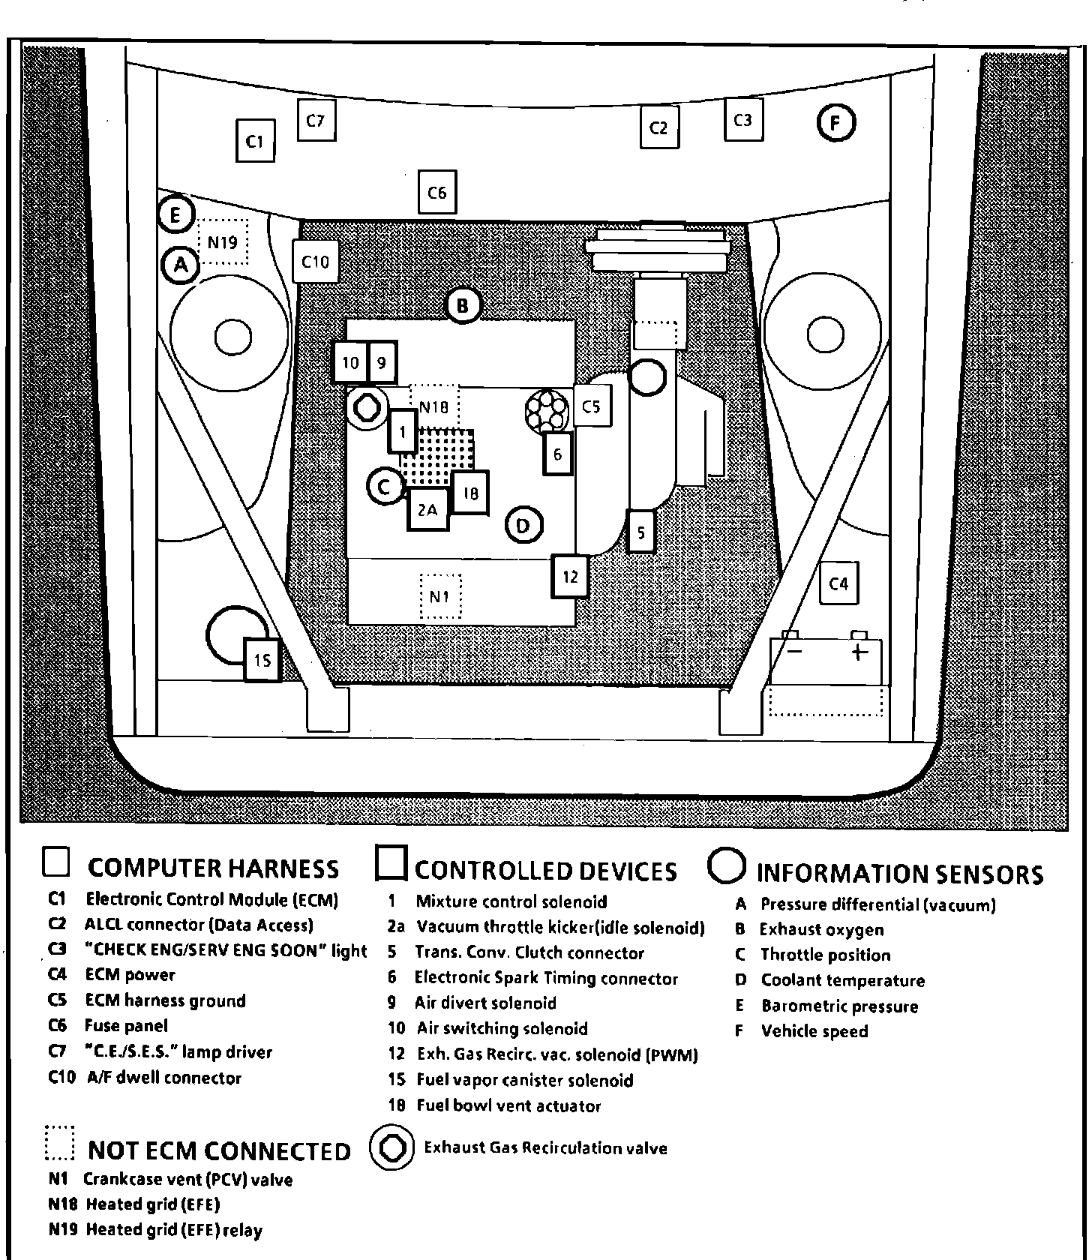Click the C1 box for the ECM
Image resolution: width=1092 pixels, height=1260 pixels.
tap(255, 140)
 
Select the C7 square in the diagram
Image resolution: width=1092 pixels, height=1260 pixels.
tap(316, 120)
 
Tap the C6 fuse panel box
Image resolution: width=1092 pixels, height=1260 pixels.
tap(437, 193)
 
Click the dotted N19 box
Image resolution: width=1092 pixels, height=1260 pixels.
tap(223, 241)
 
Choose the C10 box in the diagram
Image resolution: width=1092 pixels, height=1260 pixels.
tap(315, 261)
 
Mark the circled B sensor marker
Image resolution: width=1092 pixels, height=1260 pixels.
tap(463, 305)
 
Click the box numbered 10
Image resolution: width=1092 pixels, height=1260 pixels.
tap(350, 363)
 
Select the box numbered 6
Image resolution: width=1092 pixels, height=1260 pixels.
tap(557, 454)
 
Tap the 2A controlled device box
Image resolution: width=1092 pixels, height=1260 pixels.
tap(427, 510)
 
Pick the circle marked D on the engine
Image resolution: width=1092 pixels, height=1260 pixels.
tap(523, 525)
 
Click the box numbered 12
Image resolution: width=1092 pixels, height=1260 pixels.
tap(570, 576)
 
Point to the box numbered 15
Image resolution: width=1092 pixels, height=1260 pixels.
tap(262, 660)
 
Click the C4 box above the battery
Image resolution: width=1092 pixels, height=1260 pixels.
tap(838, 583)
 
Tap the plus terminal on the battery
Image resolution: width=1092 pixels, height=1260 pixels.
tap(859, 651)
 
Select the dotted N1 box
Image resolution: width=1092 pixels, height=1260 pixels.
tap(440, 597)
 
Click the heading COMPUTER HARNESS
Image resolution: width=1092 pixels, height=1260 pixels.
tap(213, 868)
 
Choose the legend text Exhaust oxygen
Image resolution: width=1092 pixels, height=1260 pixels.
tap(822, 930)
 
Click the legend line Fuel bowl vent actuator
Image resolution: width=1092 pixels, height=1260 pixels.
tap(508, 1105)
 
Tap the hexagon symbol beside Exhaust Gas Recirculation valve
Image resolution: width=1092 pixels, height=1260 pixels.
tap(392, 1147)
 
